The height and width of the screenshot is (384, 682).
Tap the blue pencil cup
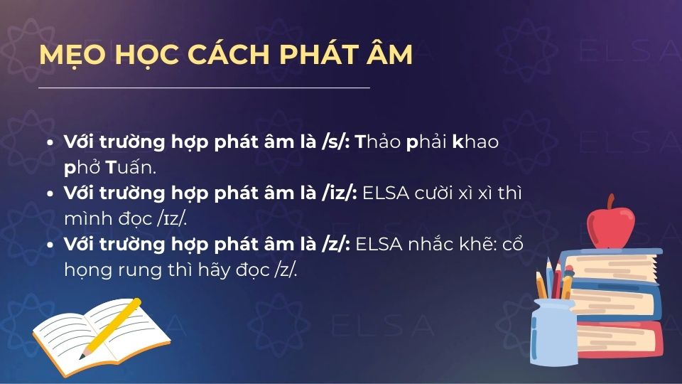click(x=553, y=331)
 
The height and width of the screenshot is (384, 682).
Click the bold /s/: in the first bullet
click(x=336, y=142)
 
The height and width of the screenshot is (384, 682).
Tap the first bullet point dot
click(x=49, y=142)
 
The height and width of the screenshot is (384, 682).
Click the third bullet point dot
click(x=49, y=245)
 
